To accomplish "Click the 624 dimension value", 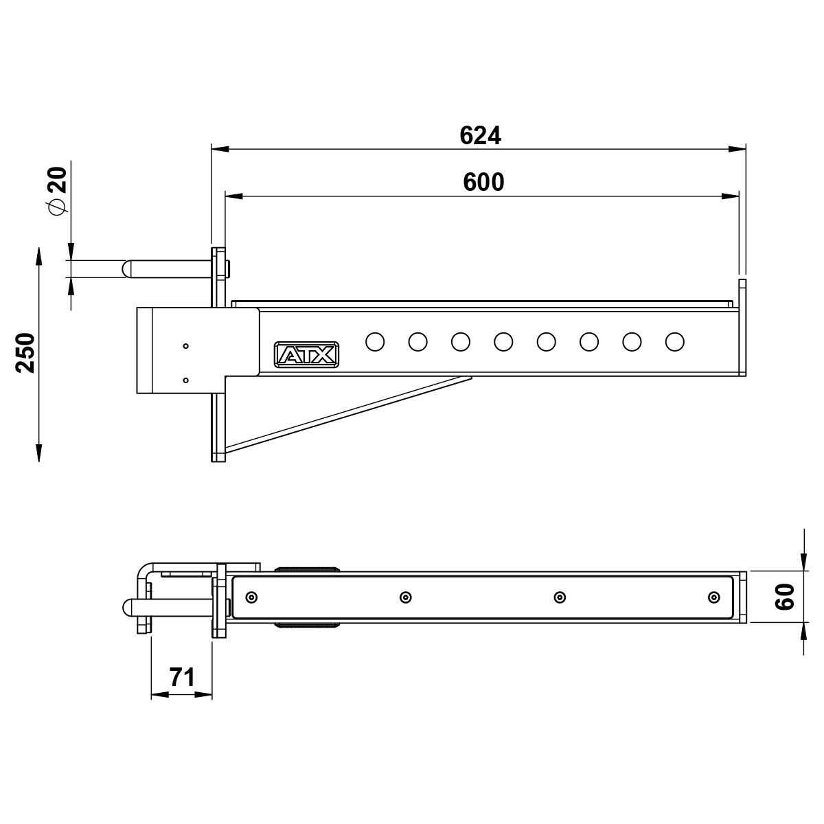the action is click(x=480, y=135).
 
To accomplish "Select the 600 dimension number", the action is click(x=483, y=182).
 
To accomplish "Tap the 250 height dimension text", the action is click(x=25, y=353).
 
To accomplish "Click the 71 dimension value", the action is click(x=182, y=677).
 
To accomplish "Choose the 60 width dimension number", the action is click(x=785, y=597).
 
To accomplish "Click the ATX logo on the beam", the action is click(x=306, y=354).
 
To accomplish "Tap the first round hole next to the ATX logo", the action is click(x=375, y=342).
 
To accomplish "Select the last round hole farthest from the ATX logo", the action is click(x=675, y=342).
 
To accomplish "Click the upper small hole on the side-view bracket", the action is click(x=185, y=346).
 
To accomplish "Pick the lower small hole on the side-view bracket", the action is click(x=185, y=380).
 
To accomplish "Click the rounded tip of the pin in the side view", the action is click(x=126, y=269).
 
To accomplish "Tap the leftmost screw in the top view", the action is click(x=252, y=597).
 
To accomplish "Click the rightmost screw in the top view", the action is click(x=713, y=597).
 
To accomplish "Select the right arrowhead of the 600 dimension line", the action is click(x=730, y=196).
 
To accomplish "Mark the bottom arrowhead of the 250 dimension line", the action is click(x=39, y=453).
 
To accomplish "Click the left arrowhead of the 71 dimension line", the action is click(x=160, y=695).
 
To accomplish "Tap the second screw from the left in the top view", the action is click(x=406, y=597).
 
